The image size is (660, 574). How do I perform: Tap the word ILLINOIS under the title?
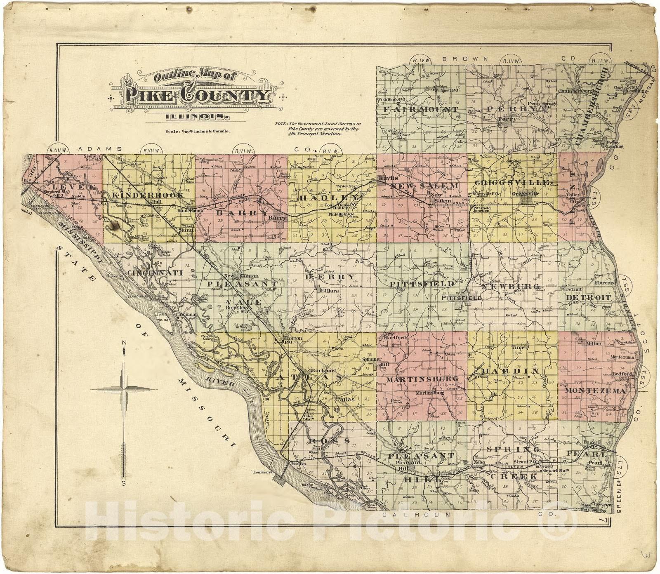click(197, 117)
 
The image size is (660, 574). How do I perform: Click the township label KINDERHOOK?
click(148, 195)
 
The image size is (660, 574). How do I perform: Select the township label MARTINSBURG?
click(422, 379)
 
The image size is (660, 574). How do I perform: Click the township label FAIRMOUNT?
click(420, 110)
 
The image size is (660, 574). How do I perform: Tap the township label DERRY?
click(330, 277)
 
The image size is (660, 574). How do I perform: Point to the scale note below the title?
click(197, 132)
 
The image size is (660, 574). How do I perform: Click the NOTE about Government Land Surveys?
click(318, 129)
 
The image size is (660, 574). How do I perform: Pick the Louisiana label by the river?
click(264, 472)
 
